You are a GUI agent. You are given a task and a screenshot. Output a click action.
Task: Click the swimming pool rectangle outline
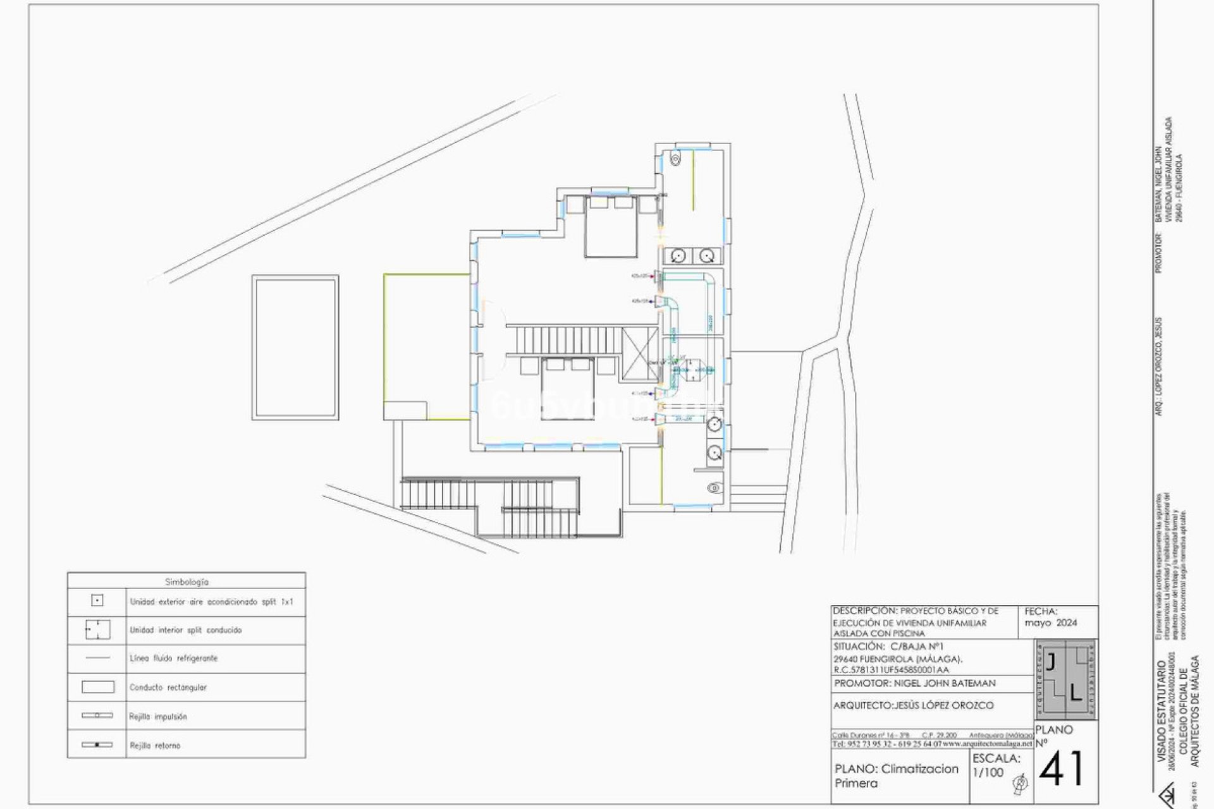click(295, 347)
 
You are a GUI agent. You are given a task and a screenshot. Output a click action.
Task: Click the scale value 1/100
click(988, 772)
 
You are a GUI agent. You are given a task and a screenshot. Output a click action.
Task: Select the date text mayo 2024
click(1051, 623)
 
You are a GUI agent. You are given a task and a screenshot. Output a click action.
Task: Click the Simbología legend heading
click(187, 581)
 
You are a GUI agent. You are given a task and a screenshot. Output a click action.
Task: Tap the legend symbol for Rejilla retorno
click(97, 745)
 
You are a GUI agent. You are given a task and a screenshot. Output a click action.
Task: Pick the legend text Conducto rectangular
click(168, 688)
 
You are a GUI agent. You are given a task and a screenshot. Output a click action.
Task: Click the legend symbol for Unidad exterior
click(97, 600)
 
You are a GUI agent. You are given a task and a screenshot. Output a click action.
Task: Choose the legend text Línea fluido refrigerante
click(173, 659)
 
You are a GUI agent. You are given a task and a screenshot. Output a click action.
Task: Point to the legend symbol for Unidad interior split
click(97, 630)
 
